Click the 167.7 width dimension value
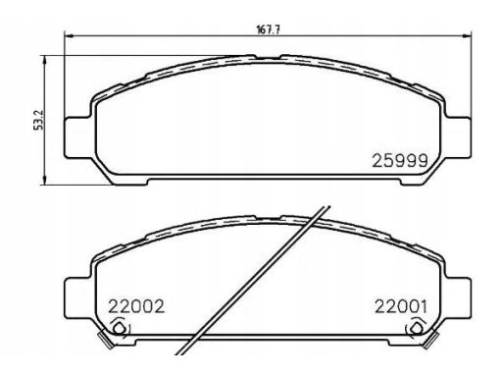tap(268, 29)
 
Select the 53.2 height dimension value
tap(39, 120)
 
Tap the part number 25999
tap(400, 161)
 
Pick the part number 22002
tap(136, 306)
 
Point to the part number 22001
tap(401, 306)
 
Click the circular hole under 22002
tap(120, 328)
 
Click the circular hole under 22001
tap(416, 328)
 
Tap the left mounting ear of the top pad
tap(77, 137)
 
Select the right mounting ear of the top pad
tap(458, 137)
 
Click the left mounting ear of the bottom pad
tap(77, 297)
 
